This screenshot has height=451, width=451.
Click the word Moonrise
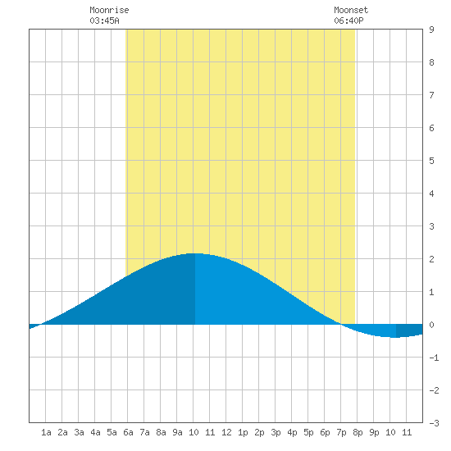[109, 10]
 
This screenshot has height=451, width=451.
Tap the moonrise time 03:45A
[104, 20]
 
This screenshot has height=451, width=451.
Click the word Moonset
[351, 10]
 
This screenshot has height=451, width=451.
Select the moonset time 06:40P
[348, 20]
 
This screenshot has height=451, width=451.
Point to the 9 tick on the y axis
[431, 30]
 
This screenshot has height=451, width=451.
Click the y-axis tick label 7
[431, 95]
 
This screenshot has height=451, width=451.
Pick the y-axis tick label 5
[431, 161]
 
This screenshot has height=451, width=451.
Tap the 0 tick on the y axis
[431, 325]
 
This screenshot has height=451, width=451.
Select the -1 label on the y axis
[434, 358]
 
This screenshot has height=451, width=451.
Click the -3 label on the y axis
[434, 423]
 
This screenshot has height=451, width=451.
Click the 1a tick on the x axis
[46, 432]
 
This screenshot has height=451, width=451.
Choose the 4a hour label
[95, 432]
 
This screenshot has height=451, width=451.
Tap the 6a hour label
[128, 432]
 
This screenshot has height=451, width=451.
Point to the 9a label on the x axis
[177, 432]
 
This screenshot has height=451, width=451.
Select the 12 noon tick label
[226, 432]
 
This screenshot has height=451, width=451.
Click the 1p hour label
[243, 432]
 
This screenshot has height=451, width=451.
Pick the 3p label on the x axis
[276, 432]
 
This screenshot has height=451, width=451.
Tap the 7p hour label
[341, 432]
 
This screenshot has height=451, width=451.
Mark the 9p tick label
[374, 432]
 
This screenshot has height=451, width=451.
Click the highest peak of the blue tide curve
[195, 253]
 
